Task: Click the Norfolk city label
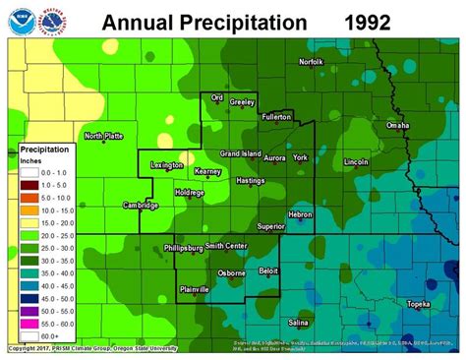[311, 63]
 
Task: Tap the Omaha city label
[398, 125]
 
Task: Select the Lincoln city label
[358, 161]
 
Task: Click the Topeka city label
[421, 305]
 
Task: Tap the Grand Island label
[239, 153]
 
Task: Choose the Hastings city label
[251, 182]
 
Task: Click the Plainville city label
[200, 288]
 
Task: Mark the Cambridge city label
[141, 205]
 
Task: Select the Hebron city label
[300, 214]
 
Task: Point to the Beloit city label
[267, 269]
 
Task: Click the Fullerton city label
[277, 116]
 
